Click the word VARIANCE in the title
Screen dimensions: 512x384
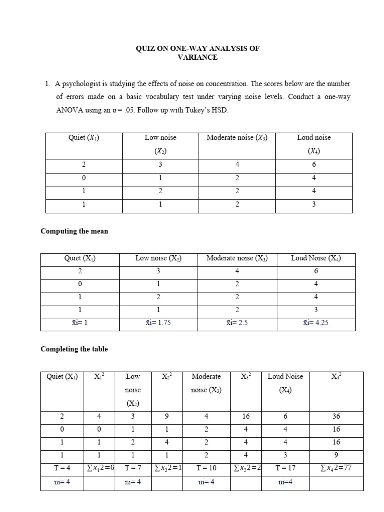click(x=198, y=57)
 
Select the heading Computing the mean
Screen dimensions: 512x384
click(x=74, y=231)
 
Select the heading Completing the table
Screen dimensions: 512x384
click(x=74, y=349)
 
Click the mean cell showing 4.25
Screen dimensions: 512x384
click(x=316, y=323)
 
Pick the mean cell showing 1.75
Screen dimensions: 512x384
click(x=158, y=323)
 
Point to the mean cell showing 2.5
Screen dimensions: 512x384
click(x=237, y=323)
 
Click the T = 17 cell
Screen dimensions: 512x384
click(x=285, y=468)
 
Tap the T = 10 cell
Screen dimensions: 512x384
click(x=206, y=468)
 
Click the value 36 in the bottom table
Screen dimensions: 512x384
click(x=336, y=416)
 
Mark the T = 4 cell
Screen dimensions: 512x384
click(x=61, y=468)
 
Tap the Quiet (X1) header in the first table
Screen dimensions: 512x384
click(x=84, y=138)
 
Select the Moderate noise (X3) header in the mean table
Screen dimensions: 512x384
click(x=237, y=258)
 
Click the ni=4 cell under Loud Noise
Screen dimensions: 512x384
click(x=285, y=483)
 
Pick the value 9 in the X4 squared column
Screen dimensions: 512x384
click(x=336, y=455)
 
